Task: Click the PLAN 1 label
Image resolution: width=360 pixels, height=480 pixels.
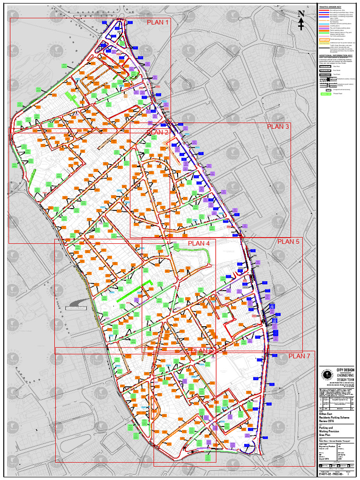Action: click(157, 22)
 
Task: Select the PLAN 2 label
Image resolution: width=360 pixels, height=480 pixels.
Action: click(157, 132)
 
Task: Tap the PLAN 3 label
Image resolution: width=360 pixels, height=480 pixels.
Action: click(278, 127)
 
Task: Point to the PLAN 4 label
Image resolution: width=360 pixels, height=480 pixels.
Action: click(199, 243)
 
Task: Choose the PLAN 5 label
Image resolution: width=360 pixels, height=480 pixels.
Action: click(288, 241)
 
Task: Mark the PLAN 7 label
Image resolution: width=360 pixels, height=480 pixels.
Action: click(299, 356)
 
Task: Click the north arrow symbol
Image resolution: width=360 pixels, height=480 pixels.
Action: click(301, 20)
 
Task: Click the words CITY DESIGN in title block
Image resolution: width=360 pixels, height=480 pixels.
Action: click(345, 370)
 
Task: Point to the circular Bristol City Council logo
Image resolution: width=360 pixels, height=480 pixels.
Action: click(326, 375)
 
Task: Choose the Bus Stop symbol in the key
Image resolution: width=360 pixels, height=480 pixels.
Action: click(324, 67)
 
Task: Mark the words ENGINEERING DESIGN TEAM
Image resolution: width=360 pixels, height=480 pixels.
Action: click(345, 378)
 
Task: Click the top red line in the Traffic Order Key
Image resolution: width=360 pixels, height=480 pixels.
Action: click(324, 9)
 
